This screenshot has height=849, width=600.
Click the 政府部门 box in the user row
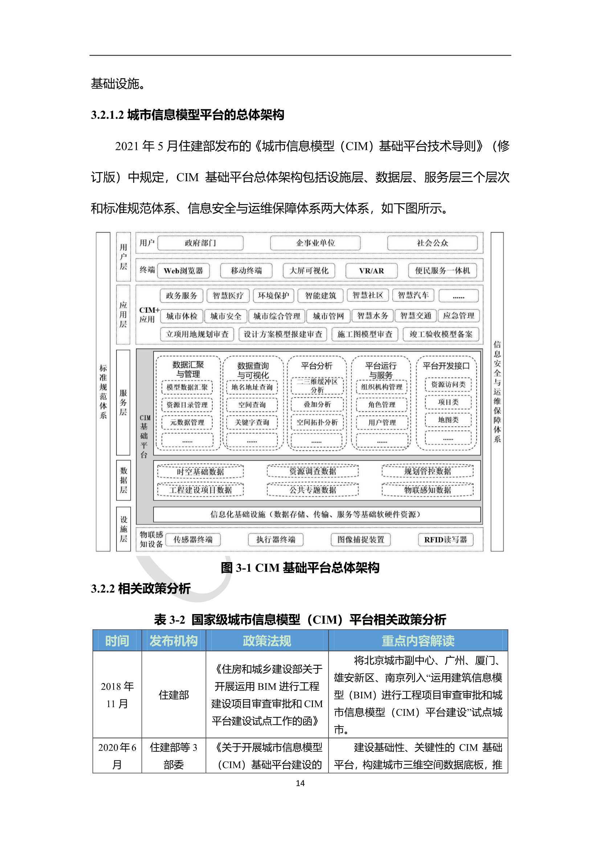click(x=200, y=243)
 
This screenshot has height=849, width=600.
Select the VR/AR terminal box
click(x=371, y=271)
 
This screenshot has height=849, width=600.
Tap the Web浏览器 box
click(x=183, y=271)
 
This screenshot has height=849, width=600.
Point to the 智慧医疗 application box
click(x=228, y=296)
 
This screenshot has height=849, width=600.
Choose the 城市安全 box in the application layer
click(x=225, y=316)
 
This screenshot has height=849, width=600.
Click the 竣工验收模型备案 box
click(x=441, y=334)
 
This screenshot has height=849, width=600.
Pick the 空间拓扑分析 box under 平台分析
click(x=317, y=422)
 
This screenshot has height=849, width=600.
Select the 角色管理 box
click(x=381, y=405)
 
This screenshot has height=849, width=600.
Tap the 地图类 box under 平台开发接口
click(x=448, y=420)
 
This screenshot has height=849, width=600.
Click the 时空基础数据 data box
click(x=200, y=471)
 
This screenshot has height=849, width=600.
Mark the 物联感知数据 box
click(x=427, y=490)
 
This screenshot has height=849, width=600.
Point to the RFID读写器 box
click(x=445, y=540)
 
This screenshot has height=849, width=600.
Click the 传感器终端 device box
click(x=193, y=540)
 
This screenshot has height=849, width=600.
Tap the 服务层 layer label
click(x=123, y=402)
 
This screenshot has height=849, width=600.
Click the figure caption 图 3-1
click(x=300, y=568)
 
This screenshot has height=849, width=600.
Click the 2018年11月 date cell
click(x=117, y=695)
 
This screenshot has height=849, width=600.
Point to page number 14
click(x=300, y=783)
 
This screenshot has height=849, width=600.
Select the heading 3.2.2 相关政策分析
click(x=141, y=588)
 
